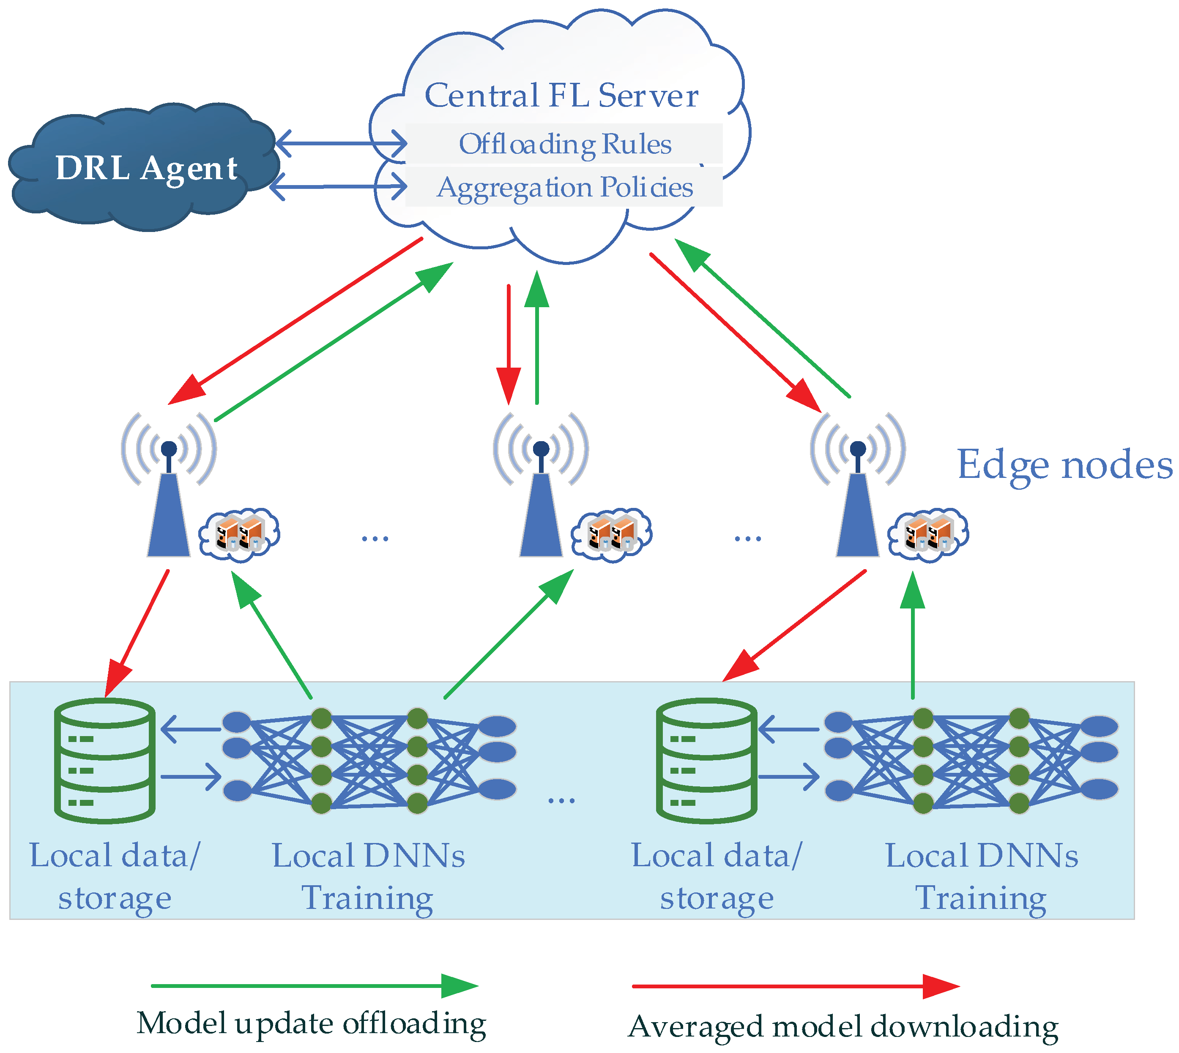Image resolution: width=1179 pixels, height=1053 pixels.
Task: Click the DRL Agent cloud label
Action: click(x=146, y=168)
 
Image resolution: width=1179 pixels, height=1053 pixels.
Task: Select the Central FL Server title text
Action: click(x=561, y=95)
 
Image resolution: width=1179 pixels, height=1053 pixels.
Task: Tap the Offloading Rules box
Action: click(x=564, y=144)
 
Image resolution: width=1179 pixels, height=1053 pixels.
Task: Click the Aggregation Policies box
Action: click(x=564, y=187)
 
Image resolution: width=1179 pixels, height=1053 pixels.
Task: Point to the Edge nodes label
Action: click(x=1064, y=464)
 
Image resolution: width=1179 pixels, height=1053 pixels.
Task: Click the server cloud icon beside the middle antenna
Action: click(x=611, y=534)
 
